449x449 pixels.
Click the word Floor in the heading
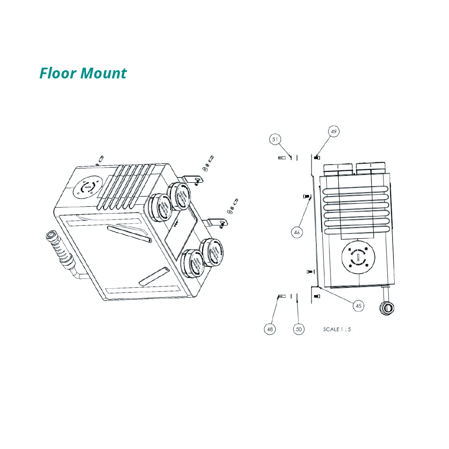pos(58,73)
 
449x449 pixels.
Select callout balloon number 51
pos(275,139)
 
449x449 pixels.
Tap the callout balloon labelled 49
pos(334,131)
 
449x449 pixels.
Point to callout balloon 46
pos(296,232)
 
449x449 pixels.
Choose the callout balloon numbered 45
pos(359,306)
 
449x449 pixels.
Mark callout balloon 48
pos(270,329)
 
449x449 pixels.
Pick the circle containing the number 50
pos(299,329)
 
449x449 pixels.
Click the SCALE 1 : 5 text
pos(337,329)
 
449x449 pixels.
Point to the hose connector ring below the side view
pos(386,308)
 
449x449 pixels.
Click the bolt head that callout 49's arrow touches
pos(318,158)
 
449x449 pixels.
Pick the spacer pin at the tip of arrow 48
pos(282,296)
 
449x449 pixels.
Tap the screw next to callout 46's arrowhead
pos(307,196)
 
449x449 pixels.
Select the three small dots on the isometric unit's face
pos(176,224)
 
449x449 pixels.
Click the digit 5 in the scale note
pos(349,329)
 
